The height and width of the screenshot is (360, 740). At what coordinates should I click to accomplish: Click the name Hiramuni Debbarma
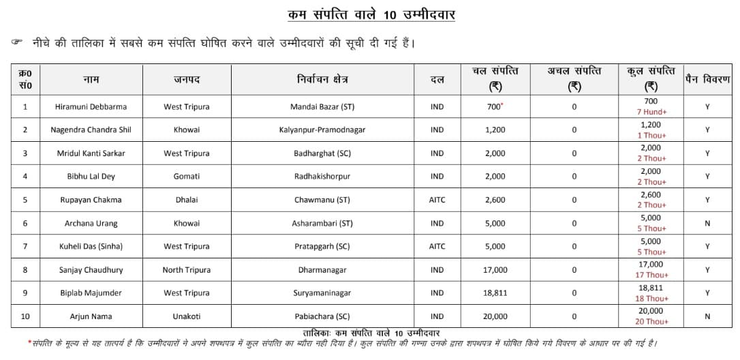pyautogui.click(x=91, y=106)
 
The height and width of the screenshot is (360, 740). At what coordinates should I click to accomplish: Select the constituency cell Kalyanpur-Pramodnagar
pyautogui.click(x=322, y=130)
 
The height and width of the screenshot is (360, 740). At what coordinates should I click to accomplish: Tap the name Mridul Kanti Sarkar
pyautogui.click(x=91, y=153)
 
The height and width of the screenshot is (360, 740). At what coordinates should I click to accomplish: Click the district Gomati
pyautogui.click(x=186, y=177)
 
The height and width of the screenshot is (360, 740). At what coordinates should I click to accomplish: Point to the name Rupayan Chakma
pyautogui.click(x=91, y=200)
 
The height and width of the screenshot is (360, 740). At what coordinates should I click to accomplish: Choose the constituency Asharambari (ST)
pyautogui.click(x=322, y=223)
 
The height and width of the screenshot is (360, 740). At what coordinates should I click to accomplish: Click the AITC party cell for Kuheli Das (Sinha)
pyautogui.click(x=437, y=246)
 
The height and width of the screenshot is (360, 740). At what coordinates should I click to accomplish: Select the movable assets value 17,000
pyautogui.click(x=495, y=270)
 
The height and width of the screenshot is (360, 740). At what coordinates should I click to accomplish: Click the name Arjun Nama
pyautogui.click(x=91, y=316)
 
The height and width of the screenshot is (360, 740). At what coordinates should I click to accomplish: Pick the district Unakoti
pyautogui.click(x=186, y=316)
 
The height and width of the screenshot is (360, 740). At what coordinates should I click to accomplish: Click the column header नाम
pyautogui.click(x=91, y=80)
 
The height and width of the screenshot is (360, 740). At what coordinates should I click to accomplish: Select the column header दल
pyautogui.click(x=437, y=80)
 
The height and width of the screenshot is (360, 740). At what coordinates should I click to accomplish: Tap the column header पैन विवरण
pyautogui.click(x=707, y=80)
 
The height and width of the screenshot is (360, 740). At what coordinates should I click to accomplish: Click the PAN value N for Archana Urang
pyautogui.click(x=707, y=223)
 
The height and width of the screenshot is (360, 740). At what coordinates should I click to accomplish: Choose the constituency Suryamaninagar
pyautogui.click(x=322, y=293)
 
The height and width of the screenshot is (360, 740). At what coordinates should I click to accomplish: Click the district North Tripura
pyautogui.click(x=186, y=270)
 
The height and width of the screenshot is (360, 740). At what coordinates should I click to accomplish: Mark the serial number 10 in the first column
pyautogui.click(x=25, y=316)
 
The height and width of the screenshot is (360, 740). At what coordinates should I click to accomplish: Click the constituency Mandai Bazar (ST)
pyautogui.click(x=322, y=106)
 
